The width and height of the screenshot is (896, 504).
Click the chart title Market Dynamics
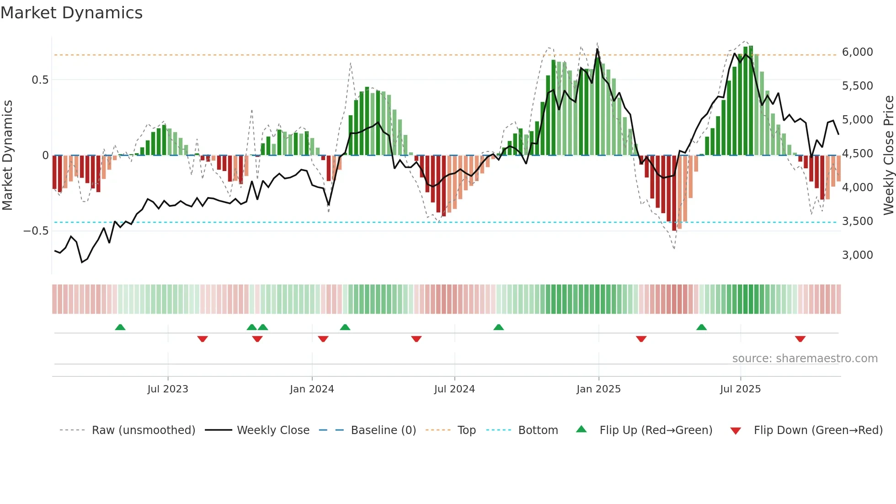(x=71, y=13)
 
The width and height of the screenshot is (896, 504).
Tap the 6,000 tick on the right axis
(x=857, y=52)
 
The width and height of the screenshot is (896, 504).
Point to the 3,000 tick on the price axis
(x=857, y=255)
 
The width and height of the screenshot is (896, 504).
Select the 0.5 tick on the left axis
(x=40, y=80)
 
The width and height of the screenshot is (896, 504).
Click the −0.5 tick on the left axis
(x=36, y=231)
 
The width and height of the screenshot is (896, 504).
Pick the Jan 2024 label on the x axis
(x=312, y=389)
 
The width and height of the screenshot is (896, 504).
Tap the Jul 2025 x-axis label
(x=740, y=389)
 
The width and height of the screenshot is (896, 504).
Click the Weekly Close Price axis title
(x=888, y=155)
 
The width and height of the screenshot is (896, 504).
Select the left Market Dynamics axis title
(x=7, y=155)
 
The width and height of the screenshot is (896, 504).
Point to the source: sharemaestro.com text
(x=805, y=359)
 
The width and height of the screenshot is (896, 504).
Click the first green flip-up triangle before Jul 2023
(x=120, y=327)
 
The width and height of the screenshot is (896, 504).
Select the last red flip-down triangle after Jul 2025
(x=800, y=339)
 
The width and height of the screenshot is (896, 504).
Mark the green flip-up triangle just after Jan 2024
(x=345, y=327)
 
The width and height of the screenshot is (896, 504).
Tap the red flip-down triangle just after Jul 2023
(x=203, y=339)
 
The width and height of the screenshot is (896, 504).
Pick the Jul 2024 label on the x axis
(x=454, y=389)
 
